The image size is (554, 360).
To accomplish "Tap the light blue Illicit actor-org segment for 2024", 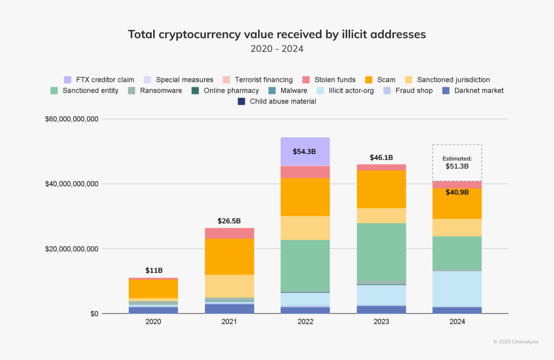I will [457, 289].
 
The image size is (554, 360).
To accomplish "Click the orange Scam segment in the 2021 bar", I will [229, 257].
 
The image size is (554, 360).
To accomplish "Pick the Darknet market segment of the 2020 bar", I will [153, 310].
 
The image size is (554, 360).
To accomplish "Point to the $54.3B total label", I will [305, 152].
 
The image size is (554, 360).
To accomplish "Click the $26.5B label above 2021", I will [229, 221].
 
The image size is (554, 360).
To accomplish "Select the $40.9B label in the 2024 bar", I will [457, 192].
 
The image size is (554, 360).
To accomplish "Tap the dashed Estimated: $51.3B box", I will [457, 163].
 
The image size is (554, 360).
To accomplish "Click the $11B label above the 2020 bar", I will [154, 270].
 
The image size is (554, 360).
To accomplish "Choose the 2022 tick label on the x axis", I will [305, 322].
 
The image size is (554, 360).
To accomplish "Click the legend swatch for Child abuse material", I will [241, 101].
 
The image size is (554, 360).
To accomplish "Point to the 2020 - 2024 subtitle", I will [276, 49].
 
